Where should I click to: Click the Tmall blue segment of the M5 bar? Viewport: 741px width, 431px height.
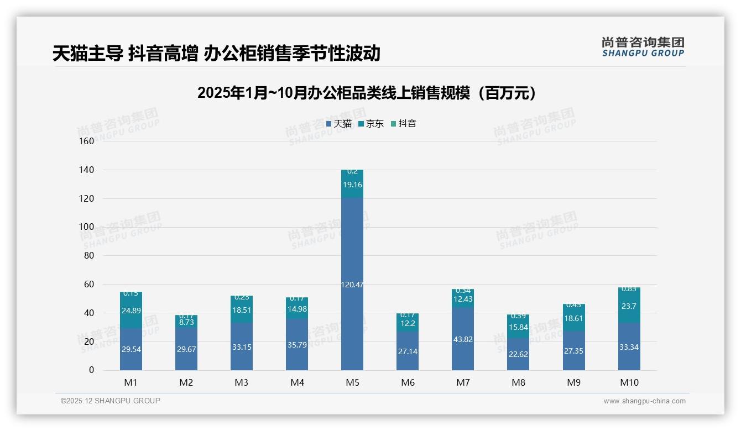352,285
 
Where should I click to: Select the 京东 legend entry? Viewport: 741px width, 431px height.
371,124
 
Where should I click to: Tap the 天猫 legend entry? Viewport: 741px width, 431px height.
339,124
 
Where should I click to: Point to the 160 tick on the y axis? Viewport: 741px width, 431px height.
87,141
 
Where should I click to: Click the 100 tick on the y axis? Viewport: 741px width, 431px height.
87,227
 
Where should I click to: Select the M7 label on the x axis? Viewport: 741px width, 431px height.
463,382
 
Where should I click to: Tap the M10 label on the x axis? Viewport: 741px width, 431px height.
629,382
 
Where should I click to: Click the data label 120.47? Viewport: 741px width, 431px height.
352,285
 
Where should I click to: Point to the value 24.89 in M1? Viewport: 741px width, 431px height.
131,311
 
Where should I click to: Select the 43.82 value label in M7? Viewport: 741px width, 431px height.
463,339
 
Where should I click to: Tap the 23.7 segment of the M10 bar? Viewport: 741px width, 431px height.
629,306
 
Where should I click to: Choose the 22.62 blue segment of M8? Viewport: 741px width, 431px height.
518,354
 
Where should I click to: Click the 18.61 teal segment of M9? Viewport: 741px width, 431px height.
574,319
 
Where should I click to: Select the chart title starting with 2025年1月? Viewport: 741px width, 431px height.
366,93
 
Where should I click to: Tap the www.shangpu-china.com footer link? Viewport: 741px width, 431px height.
644,401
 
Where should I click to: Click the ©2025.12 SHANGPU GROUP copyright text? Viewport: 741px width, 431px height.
111,401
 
